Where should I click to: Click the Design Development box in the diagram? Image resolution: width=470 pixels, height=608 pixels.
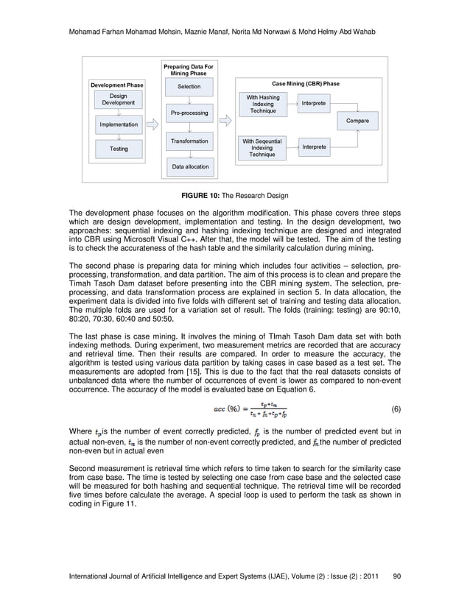(118, 100)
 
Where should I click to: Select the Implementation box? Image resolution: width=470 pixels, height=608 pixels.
(118, 125)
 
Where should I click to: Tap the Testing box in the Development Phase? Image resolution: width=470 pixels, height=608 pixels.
(118, 149)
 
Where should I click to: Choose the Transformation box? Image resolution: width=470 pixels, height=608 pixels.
(189, 141)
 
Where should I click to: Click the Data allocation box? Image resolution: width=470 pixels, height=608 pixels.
(189, 167)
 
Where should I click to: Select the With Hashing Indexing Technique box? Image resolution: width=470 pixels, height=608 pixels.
(262, 105)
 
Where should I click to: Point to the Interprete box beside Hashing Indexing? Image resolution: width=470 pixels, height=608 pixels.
(313, 104)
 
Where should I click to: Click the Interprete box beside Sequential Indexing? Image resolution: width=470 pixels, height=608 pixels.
(313, 148)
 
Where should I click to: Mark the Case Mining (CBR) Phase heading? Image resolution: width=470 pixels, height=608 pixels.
(306, 84)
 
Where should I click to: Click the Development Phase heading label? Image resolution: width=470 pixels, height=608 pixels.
(116, 85)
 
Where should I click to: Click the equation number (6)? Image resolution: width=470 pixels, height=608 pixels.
(395, 409)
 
